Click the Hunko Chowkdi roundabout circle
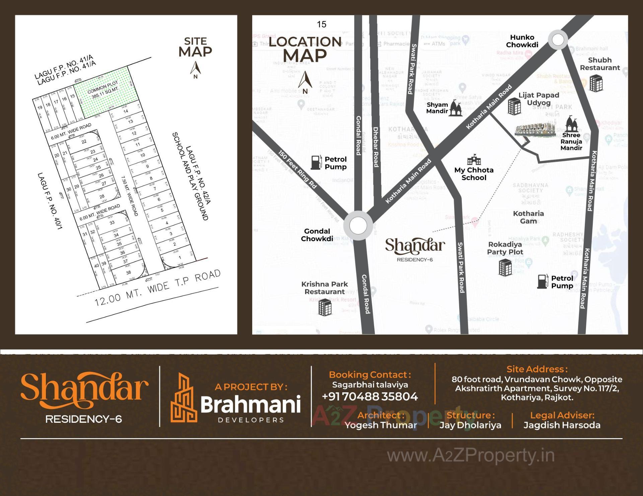coord(558,40)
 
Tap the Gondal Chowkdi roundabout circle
coord(358,225)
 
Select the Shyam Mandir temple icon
coord(455,108)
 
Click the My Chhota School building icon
coord(474,160)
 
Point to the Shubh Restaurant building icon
coord(596,83)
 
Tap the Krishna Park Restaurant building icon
coord(325,307)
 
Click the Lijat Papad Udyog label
coord(539,99)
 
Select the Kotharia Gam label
coord(528,217)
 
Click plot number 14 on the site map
coord(126,111)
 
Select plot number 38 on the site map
coord(129,273)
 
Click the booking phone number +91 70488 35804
coord(370,397)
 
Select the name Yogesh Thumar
coord(381,425)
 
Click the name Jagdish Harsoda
coord(562,425)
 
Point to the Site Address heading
coord(537,369)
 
